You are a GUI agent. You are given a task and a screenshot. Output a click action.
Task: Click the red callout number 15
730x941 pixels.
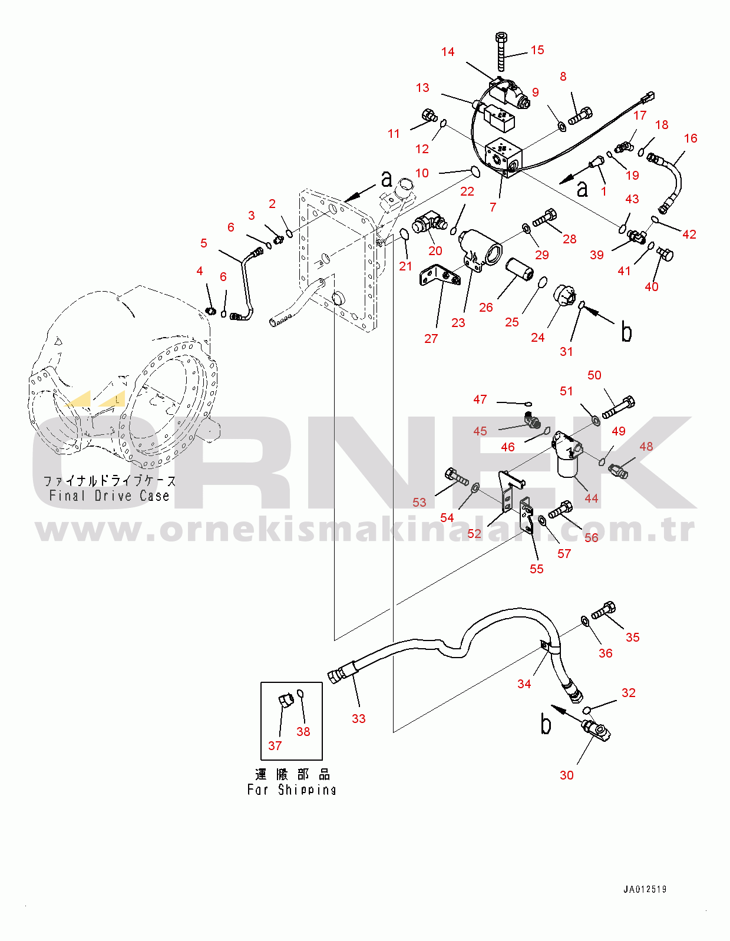(x=537, y=50)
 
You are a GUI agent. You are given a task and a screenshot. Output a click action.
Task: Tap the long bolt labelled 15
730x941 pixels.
(x=501, y=51)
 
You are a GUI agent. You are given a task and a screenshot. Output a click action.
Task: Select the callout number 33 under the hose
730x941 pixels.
(x=358, y=719)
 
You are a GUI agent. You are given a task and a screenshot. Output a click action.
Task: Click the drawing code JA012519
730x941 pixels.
(x=645, y=890)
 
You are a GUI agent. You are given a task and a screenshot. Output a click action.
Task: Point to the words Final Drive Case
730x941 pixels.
(x=109, y=496)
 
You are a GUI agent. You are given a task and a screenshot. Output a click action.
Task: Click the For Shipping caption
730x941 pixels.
(x=292, y=790)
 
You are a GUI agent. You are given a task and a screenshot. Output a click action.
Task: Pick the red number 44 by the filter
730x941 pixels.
(x=591, y=498)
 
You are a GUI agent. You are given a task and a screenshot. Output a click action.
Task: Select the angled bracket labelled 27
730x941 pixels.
(x=440, y=276)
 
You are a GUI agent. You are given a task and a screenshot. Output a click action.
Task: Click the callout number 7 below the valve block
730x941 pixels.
(x=493, y=207)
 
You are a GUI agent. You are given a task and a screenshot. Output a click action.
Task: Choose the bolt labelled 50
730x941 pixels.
(x=619, y=407)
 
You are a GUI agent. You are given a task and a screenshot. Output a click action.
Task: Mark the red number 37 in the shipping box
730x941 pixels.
(x=275, y=746)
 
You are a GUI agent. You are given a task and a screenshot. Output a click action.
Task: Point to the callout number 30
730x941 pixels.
(x=566, y=775)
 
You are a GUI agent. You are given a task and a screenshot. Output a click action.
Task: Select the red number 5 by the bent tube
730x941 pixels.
(x=203, y=243)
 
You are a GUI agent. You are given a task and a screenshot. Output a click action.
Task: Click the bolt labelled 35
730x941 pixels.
(x=603, y=610)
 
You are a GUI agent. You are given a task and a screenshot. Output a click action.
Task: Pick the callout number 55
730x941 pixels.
(x=537, y=569)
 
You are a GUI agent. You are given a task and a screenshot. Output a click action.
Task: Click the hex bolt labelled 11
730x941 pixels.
(x=430, y=116)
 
